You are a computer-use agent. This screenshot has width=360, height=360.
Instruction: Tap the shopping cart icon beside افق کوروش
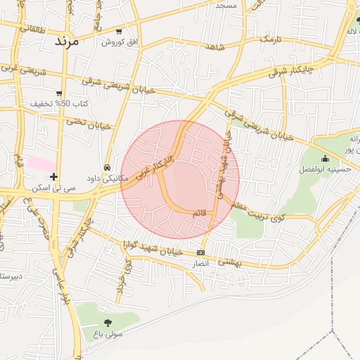coord(119,32)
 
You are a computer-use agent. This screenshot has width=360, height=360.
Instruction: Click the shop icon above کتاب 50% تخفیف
coord(59,93)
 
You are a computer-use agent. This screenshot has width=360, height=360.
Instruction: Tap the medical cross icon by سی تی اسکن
coord(53,176)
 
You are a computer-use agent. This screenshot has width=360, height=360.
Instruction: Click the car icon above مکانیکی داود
coord(106,168)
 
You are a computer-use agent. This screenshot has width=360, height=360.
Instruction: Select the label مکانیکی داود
coord(105,179)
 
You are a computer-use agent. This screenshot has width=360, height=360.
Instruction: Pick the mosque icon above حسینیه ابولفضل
coord(325,158)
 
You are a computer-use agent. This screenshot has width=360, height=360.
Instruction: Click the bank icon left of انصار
coord(201,252)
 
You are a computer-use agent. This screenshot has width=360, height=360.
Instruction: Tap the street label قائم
coord(200,212)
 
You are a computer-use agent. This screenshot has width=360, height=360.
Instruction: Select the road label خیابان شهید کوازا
coord(152,248)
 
